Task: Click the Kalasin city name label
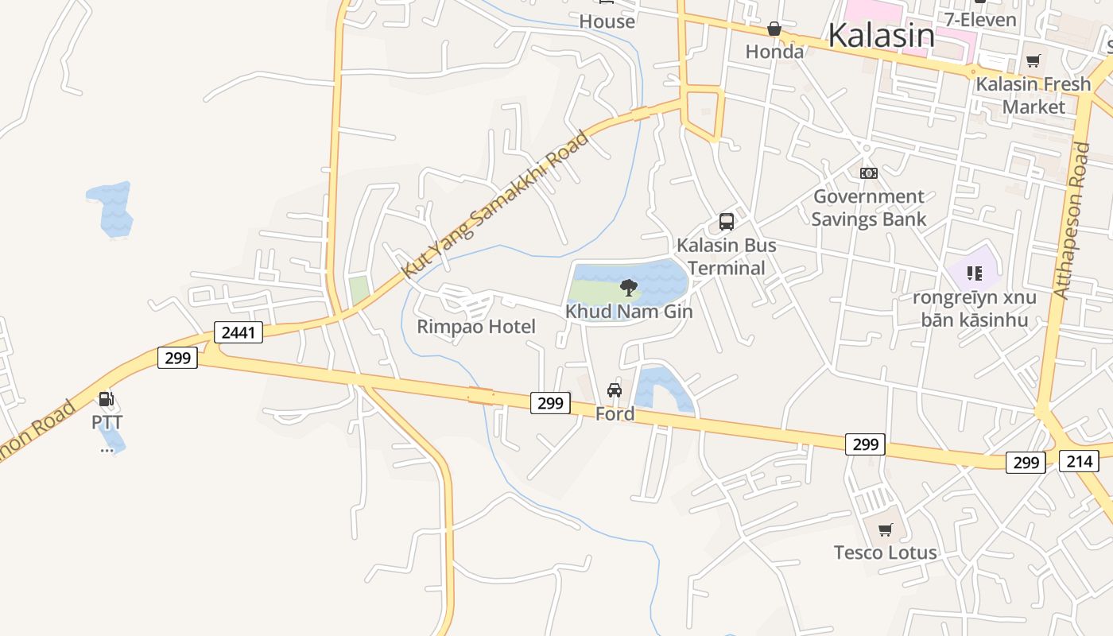[881, 36]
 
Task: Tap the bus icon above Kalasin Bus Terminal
[726, 222]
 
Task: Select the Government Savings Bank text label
[869, 207]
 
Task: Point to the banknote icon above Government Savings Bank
[868, 173]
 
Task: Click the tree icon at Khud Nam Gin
[628, 287]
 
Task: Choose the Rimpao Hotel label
[476, 327]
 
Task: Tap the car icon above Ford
[615, 390]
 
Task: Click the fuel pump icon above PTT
[106, 399]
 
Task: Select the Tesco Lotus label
[885, 553]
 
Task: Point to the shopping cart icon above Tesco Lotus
[885, 529]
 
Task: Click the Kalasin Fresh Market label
[1033, 95]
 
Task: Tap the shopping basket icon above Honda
[774, 29]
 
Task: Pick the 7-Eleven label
[980, 19]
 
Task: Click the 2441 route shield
[238, 332]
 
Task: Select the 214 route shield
[1079, 460]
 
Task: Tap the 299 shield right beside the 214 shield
[1026, 462]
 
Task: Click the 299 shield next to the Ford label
[550, 403]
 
